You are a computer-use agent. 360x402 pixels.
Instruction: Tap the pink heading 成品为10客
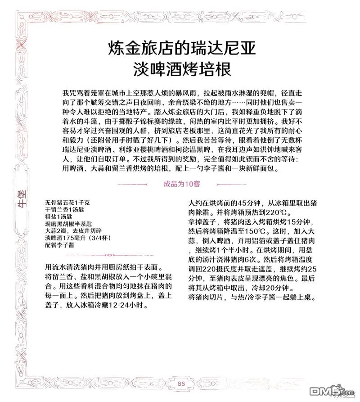click(182, 184)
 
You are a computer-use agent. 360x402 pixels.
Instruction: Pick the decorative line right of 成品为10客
click(232, 184)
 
